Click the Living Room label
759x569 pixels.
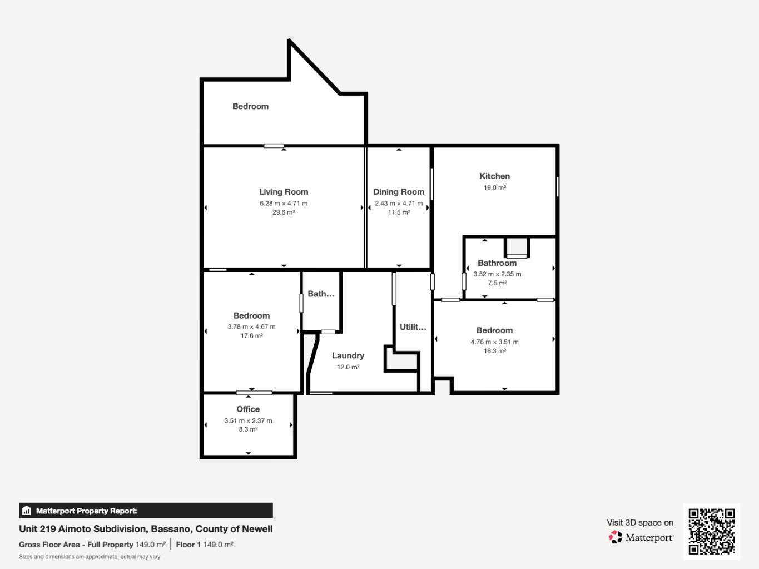coord(284,192)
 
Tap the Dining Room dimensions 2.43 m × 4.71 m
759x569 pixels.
coord(399,204)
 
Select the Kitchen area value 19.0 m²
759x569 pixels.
coord(494,188)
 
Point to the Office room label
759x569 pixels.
coord(248,409)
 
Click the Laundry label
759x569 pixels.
coord(348,356)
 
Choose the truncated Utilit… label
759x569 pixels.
coord(413,327)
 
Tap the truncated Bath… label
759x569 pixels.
coord(321,294)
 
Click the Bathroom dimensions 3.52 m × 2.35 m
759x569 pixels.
coord(497,274)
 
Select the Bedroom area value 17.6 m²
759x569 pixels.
coord(251,336)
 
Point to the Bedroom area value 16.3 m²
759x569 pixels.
coord(494,351)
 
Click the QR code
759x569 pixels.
coord(711,531)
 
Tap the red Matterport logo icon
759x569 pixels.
coord(615,537)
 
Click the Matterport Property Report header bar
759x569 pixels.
coord(146,511)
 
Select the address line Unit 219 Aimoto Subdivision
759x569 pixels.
coord(146,529)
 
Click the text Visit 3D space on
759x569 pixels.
coord(639,523)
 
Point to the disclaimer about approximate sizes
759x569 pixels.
coord(90,557)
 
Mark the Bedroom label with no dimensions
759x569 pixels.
coord(250,106)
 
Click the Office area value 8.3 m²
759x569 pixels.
coord(248,429)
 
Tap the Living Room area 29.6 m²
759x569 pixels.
coord(284,212)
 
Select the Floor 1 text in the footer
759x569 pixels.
coord(188,545)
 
